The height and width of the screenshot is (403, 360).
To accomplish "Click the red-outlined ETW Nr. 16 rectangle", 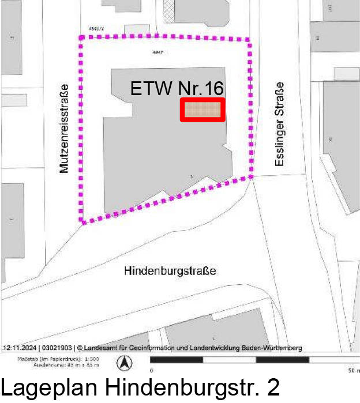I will [202, 110].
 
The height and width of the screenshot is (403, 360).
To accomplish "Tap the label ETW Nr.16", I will [177, 89].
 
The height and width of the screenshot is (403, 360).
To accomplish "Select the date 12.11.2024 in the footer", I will [20, 348].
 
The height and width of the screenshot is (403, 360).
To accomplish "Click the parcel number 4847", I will [155, 52].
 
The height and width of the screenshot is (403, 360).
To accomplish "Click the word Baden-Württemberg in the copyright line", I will [272, 348].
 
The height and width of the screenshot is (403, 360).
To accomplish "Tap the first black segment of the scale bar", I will [177, 360].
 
